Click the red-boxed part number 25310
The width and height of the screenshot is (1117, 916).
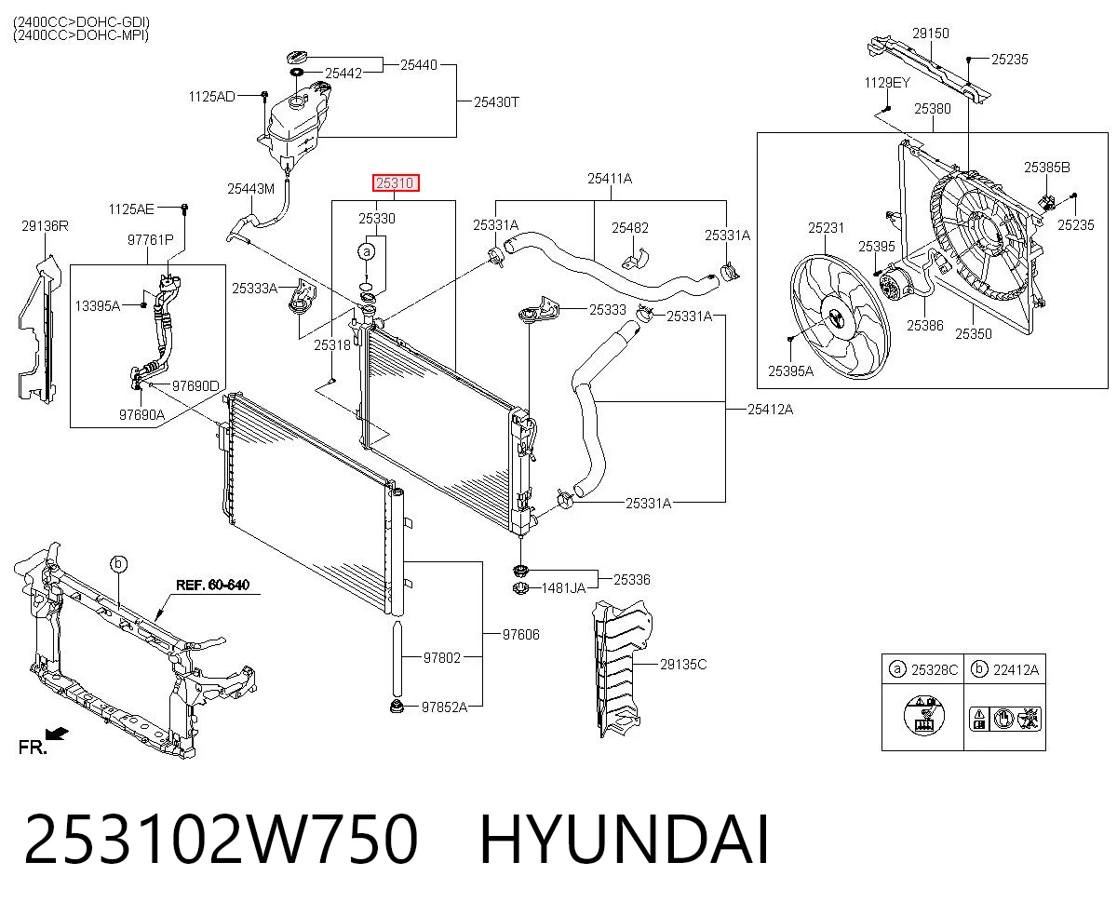[395, 183]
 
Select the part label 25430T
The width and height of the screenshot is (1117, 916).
[496, 101]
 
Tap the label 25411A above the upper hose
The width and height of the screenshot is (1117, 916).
[610, 179]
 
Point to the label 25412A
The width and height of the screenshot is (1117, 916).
[770, 409]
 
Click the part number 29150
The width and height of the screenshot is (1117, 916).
[931, 34]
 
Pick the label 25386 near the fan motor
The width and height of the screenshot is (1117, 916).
[924, 325]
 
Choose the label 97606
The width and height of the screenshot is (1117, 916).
[520, 634]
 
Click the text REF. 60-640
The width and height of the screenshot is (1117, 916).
[212, 585]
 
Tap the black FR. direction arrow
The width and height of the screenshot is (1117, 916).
[57, 734]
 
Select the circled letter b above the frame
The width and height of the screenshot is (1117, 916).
[118, 563]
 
